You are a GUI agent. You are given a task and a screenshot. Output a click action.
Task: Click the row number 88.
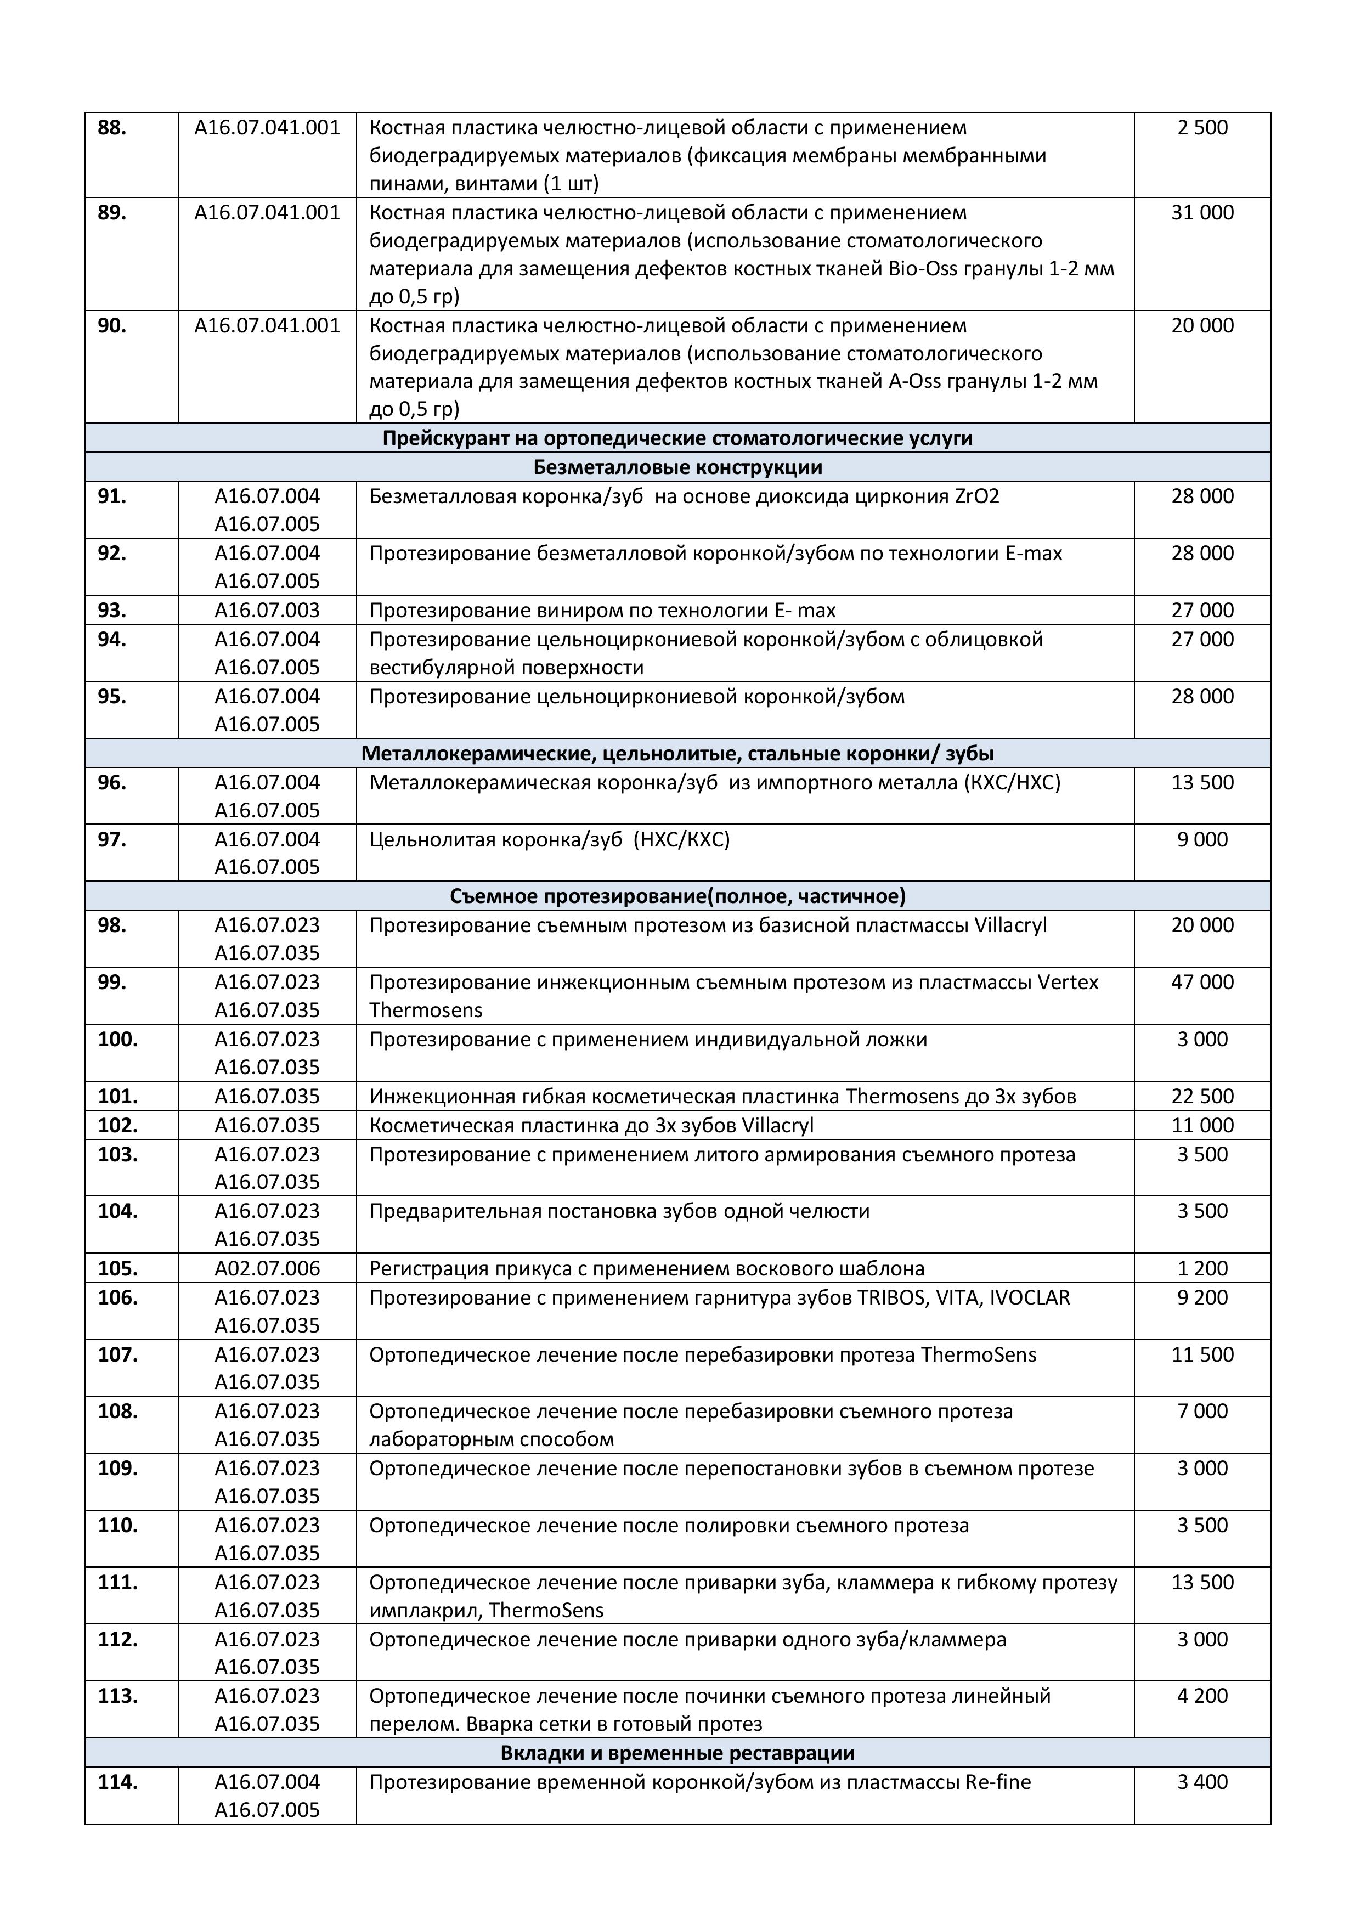(112, 128)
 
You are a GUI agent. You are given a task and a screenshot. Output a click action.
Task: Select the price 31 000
(1202, 213)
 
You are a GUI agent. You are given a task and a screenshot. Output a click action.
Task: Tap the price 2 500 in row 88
(1202, 128)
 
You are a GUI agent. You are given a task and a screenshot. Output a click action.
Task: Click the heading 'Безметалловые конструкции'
(677, 467)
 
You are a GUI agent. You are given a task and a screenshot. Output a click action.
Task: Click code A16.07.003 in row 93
(268, 611)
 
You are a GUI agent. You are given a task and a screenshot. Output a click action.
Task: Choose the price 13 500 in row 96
(1202, 783)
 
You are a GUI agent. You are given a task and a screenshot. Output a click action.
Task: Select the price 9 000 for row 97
(1202, 840)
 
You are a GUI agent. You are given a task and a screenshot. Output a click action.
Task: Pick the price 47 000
(1202, 983)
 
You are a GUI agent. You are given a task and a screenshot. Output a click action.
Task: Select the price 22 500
(1202, 1097)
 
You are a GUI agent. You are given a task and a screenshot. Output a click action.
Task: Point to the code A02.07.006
(268, 1268)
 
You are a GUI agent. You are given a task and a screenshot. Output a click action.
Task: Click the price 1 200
(1202, 1268)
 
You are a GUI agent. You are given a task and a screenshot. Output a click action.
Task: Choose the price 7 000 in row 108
(1202, 1412)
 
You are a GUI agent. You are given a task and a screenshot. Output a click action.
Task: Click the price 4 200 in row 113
(1202, 1696)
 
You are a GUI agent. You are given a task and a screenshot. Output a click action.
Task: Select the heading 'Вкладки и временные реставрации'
(677, 1753)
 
